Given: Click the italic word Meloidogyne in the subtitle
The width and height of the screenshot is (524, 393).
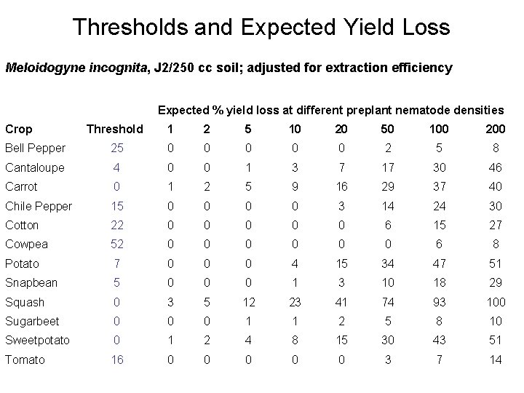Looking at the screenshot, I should (x=42, y=68).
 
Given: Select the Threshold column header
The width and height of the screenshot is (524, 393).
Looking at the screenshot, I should (x=115, y=129).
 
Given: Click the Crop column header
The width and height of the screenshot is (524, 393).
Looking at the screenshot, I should (x=19, y=129).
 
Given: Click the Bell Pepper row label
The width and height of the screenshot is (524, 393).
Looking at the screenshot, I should (x=35, y=148).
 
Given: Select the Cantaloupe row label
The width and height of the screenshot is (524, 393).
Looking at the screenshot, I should (x=35, y=167).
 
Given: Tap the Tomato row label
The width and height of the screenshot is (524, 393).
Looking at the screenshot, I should (x=25, y=360).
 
